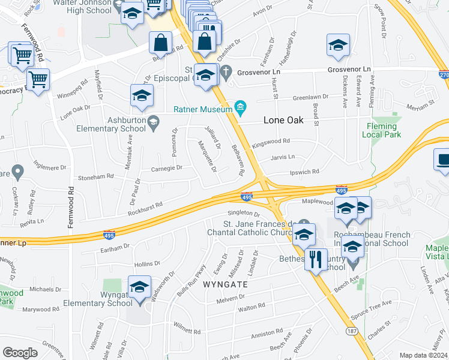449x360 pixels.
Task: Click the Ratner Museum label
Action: (203, 109)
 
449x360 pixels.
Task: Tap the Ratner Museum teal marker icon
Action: (241, 108)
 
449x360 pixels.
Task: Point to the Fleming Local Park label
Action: (380, 130)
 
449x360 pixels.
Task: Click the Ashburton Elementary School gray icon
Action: (153, 122)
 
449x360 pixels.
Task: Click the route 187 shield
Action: (352, 331)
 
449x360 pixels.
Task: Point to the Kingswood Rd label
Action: (271, 143)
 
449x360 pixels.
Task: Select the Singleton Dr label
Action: (243, 213)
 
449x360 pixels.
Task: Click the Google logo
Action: (20, 353)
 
